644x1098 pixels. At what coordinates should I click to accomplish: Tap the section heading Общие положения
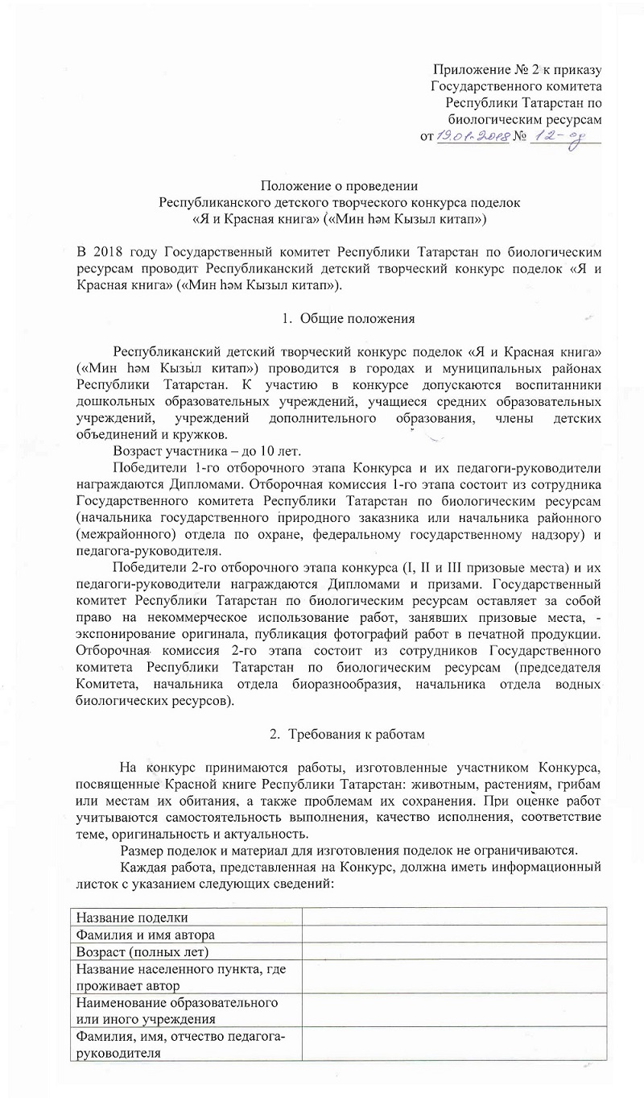coord(357,318)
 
